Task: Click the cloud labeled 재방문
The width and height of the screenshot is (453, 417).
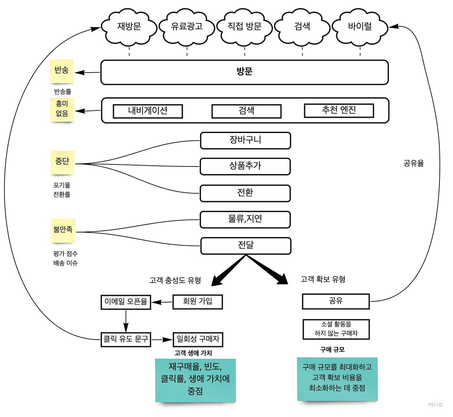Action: (129, 27)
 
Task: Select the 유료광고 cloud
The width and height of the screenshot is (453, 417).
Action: (187, 27)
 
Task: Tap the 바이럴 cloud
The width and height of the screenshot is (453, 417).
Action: (360, 27)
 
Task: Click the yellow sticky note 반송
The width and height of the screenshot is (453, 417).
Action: (61, 71)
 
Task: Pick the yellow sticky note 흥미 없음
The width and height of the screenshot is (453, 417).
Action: (62, 109)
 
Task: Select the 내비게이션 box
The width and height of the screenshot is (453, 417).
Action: (148, 111)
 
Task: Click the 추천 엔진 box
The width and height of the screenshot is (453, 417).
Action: (339, 110)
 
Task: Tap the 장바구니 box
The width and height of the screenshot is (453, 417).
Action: (245, 141)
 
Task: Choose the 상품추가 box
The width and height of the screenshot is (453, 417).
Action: (245, 166)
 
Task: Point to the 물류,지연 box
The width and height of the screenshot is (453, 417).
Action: (245, 220)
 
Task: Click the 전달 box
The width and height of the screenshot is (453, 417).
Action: (246, 246)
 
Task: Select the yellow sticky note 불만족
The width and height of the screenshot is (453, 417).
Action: (63, 231)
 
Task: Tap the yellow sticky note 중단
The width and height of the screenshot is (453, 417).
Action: (62, 162)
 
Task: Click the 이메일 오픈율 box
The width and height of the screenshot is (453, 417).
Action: (126, 302)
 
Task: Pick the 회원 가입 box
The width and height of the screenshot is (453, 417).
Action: (197, 302)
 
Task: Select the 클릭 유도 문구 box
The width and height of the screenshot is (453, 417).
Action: (126, 340)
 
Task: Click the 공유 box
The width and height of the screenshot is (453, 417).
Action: (336, 301)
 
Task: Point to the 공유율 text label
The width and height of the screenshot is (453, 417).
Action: (414, 163)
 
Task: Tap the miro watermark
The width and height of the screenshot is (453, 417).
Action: (435, 404)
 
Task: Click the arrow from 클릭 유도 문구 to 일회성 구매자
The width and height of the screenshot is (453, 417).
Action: (162, 340)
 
